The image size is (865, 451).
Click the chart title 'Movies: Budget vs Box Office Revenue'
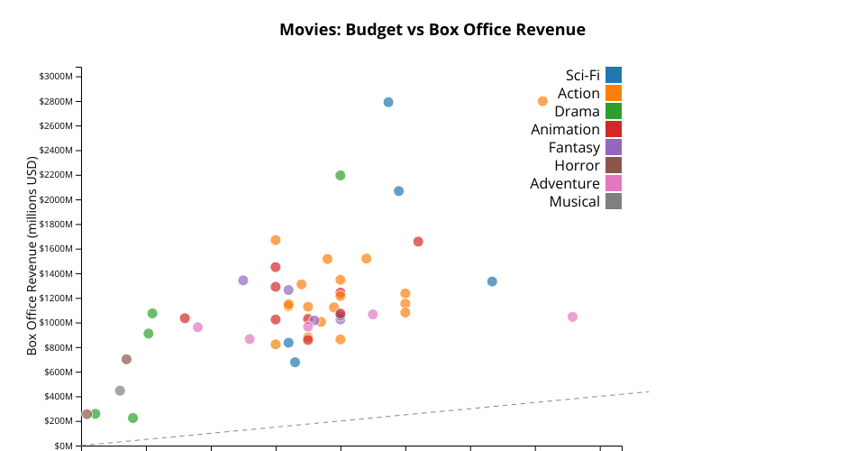pos(432,30)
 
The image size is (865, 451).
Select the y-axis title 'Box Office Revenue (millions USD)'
pos(32,256)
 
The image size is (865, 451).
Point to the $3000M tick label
pos(56,76)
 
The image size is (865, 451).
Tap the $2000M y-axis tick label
pos(56,199)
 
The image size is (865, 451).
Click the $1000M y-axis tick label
pos(56,323)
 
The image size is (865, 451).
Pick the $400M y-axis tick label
pos(58,397)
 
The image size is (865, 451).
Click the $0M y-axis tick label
pos(63,446)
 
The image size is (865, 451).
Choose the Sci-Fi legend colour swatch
pos(614,75)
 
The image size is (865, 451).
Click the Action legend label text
pos(578,93)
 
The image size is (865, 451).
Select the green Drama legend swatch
pos(614,111)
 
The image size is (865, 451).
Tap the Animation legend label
pos(565,129)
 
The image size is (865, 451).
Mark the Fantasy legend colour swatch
pos(614,147)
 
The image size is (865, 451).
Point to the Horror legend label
pos(577,165)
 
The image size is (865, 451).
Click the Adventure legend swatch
pos(614,183)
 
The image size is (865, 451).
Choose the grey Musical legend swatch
pos(614,201)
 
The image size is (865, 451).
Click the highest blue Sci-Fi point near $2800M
pos(388,102)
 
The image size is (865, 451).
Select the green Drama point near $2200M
pos(341,175)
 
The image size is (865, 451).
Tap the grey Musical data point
pos(120,391)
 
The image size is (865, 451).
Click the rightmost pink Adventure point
pos(572,317)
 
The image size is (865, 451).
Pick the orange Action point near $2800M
pos(542,101)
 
